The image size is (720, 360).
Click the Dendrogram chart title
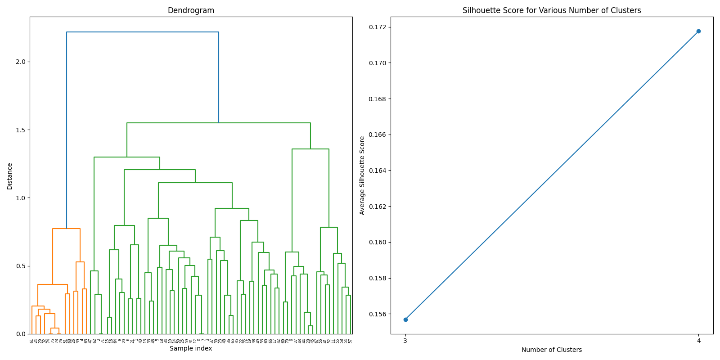point(191,10)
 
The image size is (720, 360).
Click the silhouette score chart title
point(552,10)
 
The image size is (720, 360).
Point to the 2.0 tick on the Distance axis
point(21,62)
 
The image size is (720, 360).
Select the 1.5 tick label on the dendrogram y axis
point(21,130)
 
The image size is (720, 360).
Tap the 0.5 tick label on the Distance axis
point(21,266)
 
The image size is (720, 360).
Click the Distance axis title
point(10,176)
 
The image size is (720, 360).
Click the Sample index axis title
point(191,348)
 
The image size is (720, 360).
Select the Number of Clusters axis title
point(552,350)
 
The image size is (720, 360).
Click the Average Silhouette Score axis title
point(362,175)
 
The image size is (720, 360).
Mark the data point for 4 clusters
point(698,31)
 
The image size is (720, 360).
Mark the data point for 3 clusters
point(405,319)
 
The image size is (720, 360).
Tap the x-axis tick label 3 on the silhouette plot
point(405,341)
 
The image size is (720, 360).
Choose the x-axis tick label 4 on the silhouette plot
point(698,341)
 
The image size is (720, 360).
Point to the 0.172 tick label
point(378,27)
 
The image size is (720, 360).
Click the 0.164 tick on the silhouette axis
point(378,171)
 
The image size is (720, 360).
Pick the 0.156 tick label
point(378,314)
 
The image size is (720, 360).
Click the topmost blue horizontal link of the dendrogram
point(143,32)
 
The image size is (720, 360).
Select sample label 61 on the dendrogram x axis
point(32,342)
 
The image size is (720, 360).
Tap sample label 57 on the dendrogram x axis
point(350,342)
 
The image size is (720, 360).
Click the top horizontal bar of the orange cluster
point(66,229)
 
